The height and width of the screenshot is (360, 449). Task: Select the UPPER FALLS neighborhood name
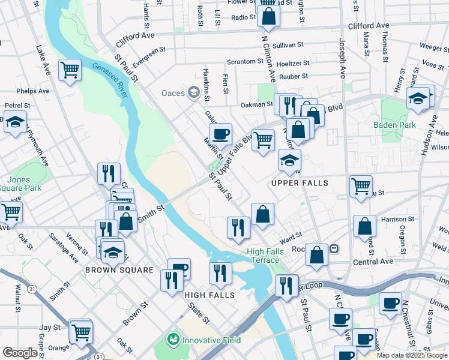coord(300,182)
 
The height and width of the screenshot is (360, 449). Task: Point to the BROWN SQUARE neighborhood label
coord(119,270)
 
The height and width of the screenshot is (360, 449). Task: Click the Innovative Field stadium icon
coord(173,340)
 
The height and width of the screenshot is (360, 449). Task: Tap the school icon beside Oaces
coord(193,92)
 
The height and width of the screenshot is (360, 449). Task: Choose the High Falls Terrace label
coord(264,256)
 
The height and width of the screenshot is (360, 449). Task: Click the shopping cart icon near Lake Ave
coord(70,70)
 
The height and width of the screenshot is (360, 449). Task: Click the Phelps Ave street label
coord(33,91)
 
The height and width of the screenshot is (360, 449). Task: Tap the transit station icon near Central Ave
coord(334,248)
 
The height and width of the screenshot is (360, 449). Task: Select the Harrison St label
coord(397,220)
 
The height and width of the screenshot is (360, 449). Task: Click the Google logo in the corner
coord(20,353)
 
